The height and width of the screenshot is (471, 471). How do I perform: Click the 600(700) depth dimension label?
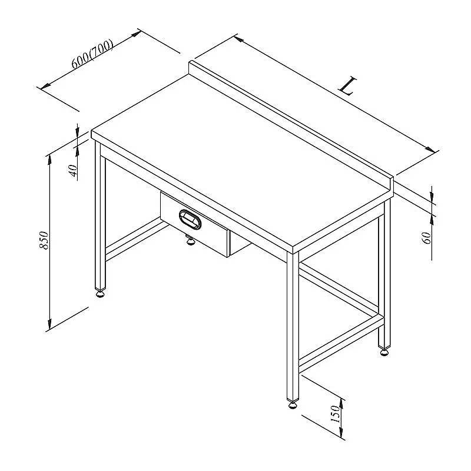coord(92,54)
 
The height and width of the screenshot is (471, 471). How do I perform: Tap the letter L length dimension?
coord(348,86)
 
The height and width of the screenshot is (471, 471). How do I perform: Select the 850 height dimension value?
coord(44,240)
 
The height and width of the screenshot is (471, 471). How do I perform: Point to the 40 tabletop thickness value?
coord(74,171)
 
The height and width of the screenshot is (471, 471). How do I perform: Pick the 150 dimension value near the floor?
coord(335,414)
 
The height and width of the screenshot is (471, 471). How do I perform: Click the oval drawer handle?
coord(190,220)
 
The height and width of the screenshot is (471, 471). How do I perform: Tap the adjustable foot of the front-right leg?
coord(293,405)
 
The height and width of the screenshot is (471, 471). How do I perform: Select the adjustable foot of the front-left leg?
coord(101,293)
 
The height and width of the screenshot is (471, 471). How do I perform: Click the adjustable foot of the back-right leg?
coord(384,351)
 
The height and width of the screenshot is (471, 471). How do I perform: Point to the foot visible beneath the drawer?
coord(190,241)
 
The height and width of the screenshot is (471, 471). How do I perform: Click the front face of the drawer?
coord(195,224)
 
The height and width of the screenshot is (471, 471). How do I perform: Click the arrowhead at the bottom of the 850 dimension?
coord(49,324)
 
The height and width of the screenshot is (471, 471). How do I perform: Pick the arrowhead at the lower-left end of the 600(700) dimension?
coord(45,86)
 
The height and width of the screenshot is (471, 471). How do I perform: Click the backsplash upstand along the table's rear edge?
coord(291,122)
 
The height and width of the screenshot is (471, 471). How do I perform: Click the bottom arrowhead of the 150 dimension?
coord(341,432)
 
